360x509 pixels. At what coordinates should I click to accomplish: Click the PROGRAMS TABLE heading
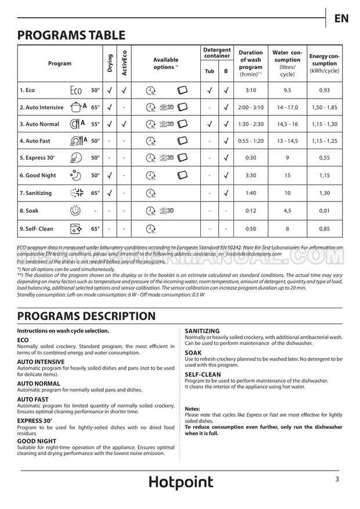tap(71, 35)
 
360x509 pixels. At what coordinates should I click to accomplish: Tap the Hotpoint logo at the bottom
tap(180, 482)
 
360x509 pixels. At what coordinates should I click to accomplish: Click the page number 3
tap(337, 479)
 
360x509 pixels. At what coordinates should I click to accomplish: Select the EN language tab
tap(341, 18)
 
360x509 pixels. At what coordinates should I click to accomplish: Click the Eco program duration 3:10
tap(251, 91)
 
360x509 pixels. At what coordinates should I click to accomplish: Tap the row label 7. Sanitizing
tap(35, 193)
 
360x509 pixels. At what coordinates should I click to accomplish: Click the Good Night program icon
tap(75, 175)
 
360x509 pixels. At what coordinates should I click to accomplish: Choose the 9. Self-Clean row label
tap(37, 228)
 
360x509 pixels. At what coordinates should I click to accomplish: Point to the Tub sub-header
tap(210, 71)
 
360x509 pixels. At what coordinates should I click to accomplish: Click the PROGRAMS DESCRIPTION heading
tap(87, 316)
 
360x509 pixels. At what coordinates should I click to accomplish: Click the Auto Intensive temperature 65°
tap(95, 108)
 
